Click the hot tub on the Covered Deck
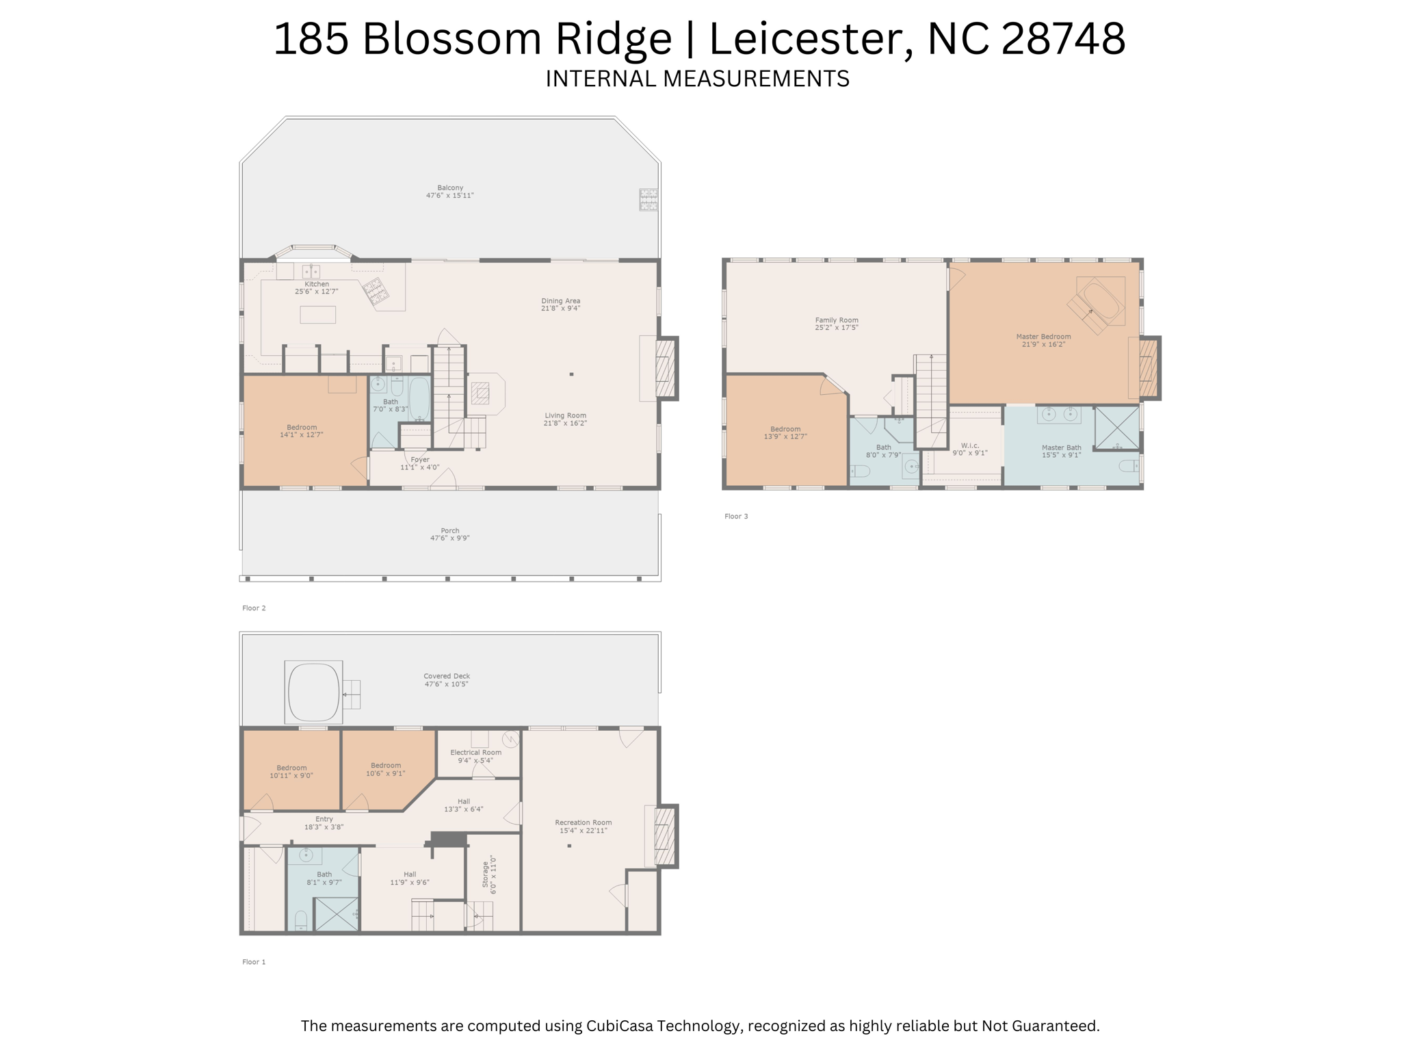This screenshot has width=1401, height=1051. click(x=314, y=692)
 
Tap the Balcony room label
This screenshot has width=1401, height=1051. click(x=450, y=187)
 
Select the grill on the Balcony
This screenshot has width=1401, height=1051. click(x=649, y=199)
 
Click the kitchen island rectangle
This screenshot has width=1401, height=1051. click(x=317, y=314)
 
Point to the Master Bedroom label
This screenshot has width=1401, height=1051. click(x=1043, y=337)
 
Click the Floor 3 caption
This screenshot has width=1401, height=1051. click(x=736, y=516)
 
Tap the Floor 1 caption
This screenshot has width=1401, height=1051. click(x=254, y=961)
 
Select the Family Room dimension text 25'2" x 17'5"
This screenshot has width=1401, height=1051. click(x=836, y=328)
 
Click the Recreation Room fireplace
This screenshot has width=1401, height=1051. click(x=665, y=836)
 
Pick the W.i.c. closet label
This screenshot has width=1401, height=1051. click(x=970, y=445)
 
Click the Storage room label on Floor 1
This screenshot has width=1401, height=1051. click(x=486, y=874)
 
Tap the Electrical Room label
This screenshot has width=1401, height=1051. click(x=475, y=752)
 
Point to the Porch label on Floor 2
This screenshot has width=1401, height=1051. click(x=450, y=530)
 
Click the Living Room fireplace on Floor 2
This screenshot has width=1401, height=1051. click(x=665, y=369)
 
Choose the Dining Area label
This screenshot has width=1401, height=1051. click(x=560, y=301)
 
